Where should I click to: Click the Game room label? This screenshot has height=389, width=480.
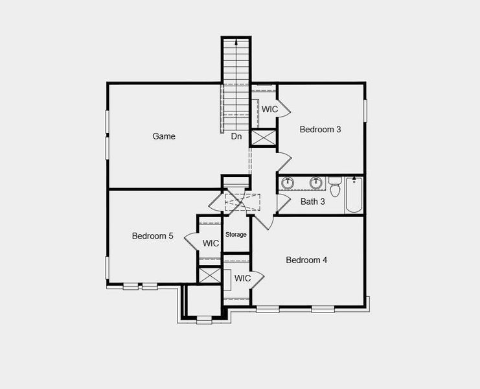click(164, 136)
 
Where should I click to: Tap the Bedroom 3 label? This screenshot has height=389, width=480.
click(320, 129)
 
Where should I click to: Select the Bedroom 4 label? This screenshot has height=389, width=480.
click(306, 260)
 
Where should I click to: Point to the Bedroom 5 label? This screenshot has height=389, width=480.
click(152, 236)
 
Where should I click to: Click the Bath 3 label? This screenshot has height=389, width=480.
click(313, 202)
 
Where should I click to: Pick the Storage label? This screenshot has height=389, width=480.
click(236, 234)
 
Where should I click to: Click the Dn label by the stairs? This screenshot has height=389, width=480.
click(236, 136)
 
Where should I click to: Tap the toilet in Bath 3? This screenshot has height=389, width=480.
click(335, 187)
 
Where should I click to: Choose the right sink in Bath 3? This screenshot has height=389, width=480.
click(316, 183)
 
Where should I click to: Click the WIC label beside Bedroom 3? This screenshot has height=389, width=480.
click(269, 109)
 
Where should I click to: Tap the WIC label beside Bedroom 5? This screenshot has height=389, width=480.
click(211, 243)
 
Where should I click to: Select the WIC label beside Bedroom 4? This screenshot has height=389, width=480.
click(242, 278)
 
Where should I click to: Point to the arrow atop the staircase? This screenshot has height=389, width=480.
click(236, 43)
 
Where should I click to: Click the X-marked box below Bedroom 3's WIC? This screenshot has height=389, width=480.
click(264, 138)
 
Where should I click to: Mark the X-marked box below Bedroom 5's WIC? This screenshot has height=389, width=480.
click(211, 274)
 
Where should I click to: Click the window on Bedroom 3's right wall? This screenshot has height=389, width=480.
click(365, 110)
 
